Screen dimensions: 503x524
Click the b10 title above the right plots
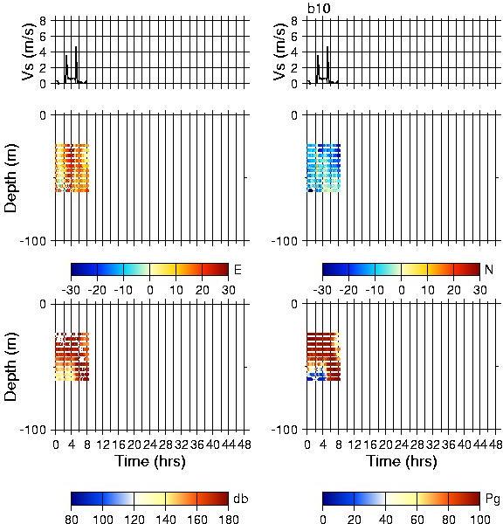tap(319, 8)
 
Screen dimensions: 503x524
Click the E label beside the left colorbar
tap(238, 269)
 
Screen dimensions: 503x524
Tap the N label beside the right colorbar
tap(489, 269)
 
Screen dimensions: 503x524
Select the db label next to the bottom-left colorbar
tap(241, 499)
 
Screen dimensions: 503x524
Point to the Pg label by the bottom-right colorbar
tap(493, 500)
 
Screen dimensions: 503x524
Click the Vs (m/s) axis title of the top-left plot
tap(29, 52)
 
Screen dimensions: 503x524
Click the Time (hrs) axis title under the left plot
tap(150, 461)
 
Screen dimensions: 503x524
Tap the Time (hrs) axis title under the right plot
tap(402, 461)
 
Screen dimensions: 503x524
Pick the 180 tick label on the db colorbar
tap(228, 519)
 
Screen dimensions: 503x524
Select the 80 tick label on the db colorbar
tap(72, 519)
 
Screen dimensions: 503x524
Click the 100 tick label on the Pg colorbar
tap(479, 519)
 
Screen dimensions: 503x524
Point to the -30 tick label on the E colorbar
tap(71, 290)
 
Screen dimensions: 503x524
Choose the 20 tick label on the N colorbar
tap(453, 290)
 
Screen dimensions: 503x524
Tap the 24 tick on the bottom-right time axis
tap(401, 445)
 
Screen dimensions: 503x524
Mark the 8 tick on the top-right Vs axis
tap(294, 21)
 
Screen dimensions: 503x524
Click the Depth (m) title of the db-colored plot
tap(10, 367)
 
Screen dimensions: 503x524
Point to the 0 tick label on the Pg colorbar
tap(322, 519)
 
